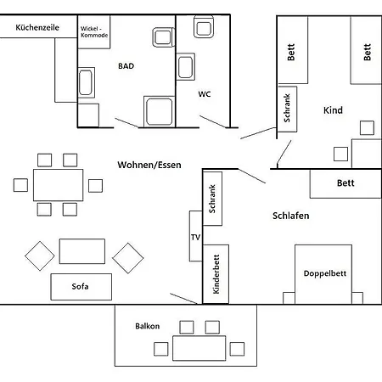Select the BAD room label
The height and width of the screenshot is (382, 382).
(126, 65)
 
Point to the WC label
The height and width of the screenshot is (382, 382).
(205, 94)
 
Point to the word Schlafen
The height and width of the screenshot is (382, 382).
(290, 216)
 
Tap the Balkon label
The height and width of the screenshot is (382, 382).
(148, 326)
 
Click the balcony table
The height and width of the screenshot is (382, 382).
(199, 348)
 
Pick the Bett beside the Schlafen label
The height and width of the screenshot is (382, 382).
(345, 183)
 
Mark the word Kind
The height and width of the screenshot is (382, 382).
(333, 110)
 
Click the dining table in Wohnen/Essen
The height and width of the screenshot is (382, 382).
(59, 183)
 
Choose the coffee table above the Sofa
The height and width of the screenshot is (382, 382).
(81, 251)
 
